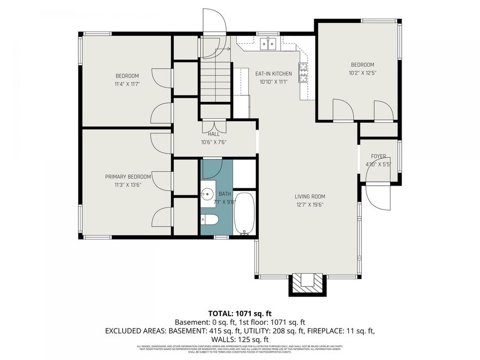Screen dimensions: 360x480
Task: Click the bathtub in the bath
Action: pos(245,213)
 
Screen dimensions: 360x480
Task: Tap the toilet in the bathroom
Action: pos(209,219)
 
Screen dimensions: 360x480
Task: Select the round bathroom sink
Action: pos(207,194)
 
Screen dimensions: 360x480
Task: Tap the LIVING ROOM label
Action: pos(310,196)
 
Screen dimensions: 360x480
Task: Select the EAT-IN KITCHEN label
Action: pos(273,74)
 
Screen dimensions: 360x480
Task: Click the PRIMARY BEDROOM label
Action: pos(127,177)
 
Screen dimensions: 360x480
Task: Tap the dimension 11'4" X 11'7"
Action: pos(127,84)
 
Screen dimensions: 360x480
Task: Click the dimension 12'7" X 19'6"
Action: pos(310,204)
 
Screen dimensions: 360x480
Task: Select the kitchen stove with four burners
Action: pos(303,72)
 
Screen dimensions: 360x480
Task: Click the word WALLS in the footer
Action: pos(225,339)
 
